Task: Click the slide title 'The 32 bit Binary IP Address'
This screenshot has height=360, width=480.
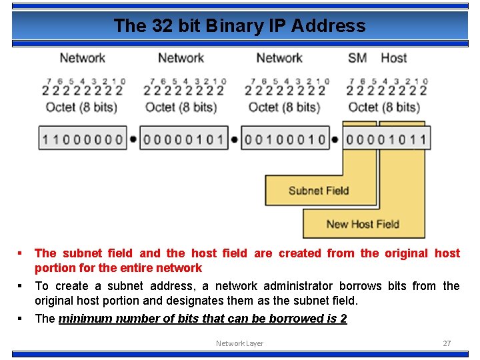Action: click(x=239, y=26)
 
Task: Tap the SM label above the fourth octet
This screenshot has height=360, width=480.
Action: click(x=357, y=58)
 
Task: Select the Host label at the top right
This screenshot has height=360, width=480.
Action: click(x=393, y=58)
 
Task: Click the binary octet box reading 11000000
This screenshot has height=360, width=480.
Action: click(x=82, y=139)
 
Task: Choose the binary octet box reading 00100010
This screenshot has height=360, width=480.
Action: click(x=285, y=139)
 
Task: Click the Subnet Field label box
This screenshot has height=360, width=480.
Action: click(x=318, y=191)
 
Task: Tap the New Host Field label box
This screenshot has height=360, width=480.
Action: click(x=362, y=224)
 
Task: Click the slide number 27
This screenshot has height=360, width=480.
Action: click(x=447, y=343)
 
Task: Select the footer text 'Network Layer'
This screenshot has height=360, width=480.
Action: click(x=239, y=343)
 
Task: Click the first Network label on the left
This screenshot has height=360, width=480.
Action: click(x=82, y=58)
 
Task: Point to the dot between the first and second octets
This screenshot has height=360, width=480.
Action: click(x=133, y=139)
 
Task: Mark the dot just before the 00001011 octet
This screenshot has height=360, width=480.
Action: click(x=335, y=139)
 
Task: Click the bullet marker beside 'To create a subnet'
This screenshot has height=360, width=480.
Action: click(x=21, y=286)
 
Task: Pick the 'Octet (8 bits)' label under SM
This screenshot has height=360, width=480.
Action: click(x=383, y=107)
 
